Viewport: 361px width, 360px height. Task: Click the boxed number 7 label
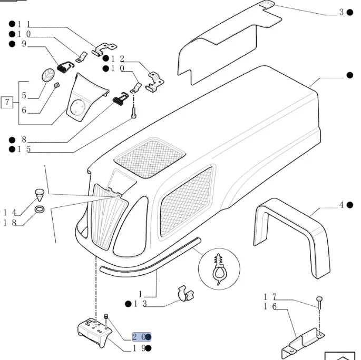coord(7,102)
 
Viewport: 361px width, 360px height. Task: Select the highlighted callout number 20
coord(140,337)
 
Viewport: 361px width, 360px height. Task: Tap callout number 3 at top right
coord(342,12)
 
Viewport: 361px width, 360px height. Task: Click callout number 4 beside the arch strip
coord(342,205)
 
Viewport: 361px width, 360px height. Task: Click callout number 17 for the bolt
coord(270,297)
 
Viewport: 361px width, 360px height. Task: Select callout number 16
coord(270,306)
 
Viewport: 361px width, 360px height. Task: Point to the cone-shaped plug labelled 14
coord(39,193)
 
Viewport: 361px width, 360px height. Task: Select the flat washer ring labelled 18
coord(40,212)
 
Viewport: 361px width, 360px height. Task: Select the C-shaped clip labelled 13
coord(183,293)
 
